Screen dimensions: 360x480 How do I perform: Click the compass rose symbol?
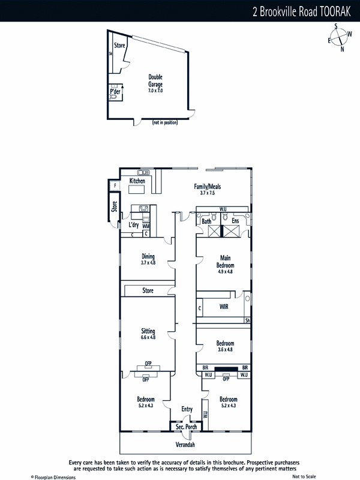340,37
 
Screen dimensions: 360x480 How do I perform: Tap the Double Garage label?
155,80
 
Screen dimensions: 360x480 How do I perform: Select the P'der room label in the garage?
115,91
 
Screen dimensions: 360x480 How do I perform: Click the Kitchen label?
137,181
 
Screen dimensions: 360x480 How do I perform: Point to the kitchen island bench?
136,190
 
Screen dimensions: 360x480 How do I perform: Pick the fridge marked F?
115,185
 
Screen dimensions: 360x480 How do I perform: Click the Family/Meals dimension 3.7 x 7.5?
208,193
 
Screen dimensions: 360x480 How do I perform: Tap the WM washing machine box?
146,226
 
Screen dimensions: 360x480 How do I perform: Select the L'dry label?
133,224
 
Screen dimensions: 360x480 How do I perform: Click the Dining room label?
148,256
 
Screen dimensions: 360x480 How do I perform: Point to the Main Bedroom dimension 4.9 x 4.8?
226,272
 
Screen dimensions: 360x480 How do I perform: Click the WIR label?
224,307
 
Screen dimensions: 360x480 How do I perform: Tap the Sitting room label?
148,331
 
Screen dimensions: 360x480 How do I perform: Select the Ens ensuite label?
235,221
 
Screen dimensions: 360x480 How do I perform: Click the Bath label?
206,221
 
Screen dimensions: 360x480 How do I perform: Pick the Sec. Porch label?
186,427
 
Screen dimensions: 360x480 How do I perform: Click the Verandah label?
185,445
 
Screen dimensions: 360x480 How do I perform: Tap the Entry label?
187,409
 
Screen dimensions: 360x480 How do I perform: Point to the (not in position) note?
164,122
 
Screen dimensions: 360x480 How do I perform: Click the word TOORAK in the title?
335,11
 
